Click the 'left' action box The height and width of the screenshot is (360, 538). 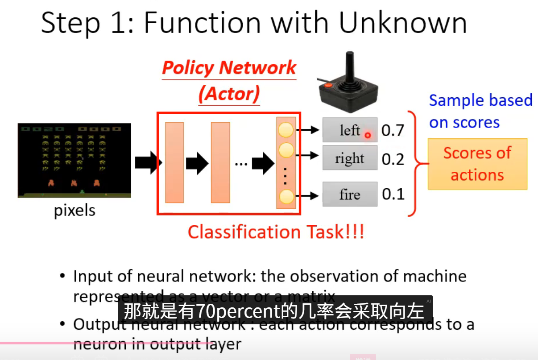349,130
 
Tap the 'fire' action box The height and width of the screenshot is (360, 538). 349,194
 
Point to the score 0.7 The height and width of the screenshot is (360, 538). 393,130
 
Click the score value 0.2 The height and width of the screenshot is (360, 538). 393,159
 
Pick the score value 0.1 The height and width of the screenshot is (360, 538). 393,194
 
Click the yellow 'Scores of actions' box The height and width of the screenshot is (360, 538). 477,164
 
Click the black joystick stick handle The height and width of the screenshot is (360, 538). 351,67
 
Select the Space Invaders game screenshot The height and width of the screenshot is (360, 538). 74,160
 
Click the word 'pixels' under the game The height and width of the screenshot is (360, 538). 74,210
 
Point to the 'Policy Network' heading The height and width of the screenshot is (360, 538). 229,68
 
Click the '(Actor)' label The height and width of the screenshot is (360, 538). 229,94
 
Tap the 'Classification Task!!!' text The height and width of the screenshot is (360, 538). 276,232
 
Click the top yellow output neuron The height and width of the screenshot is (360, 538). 286,130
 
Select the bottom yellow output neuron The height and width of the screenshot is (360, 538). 286,196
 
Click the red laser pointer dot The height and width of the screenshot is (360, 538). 368,135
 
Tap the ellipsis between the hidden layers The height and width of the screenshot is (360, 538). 241,164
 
